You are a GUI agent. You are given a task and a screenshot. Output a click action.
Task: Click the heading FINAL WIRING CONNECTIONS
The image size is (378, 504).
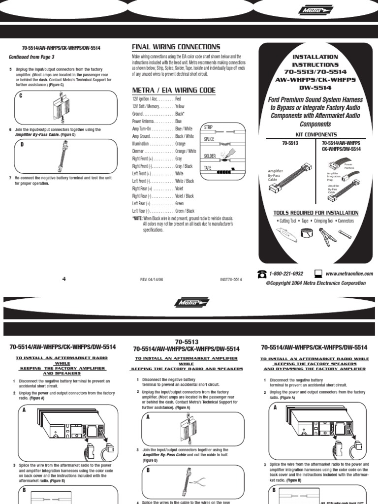176,47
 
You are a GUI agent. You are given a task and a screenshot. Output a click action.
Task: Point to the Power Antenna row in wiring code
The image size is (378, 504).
157,121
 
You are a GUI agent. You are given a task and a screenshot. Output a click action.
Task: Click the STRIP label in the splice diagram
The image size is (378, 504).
209,127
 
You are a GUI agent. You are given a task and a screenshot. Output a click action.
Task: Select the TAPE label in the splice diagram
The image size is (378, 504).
208,168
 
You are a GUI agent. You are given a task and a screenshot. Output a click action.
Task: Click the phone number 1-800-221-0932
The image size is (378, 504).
286,274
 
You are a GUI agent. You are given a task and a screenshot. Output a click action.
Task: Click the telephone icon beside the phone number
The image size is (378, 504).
262,274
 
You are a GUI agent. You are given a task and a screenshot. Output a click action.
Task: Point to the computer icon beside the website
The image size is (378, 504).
318,274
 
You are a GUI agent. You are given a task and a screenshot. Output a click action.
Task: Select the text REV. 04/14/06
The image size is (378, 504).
154,280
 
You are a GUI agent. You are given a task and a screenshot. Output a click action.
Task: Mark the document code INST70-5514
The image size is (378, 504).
231,280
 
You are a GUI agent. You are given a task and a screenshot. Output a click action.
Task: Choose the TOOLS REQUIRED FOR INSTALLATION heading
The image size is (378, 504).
315,213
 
